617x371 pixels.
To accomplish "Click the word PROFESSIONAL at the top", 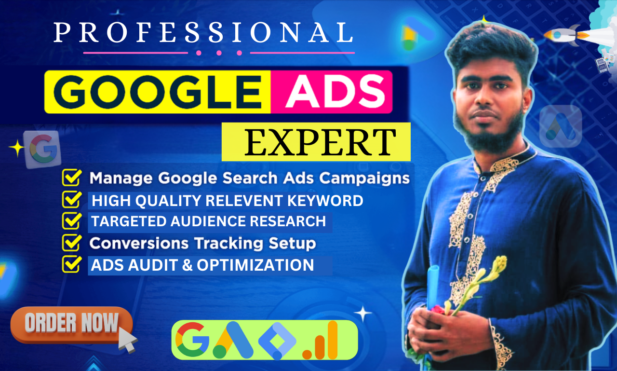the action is coord(203,32).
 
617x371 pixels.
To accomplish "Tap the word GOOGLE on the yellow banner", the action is coord(158,92).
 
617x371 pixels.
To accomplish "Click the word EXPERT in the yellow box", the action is coord(320,142).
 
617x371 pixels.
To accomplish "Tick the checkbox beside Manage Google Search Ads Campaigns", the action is coord(72,178).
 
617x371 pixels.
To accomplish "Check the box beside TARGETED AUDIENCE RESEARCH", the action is coord(72,220).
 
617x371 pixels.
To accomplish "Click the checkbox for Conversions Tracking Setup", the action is coord(72,243).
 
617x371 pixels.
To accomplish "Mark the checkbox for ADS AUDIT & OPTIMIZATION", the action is coord(72,264).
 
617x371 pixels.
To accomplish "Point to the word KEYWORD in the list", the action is coord(325,200).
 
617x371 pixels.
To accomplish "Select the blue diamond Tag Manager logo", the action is coord(277,341).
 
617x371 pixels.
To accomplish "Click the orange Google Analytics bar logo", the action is coord(320,340).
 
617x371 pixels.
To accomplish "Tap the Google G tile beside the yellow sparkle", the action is coord(43,150).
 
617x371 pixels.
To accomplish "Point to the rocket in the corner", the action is coord(567,35).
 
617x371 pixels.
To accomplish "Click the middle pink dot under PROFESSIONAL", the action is coord(219,53).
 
